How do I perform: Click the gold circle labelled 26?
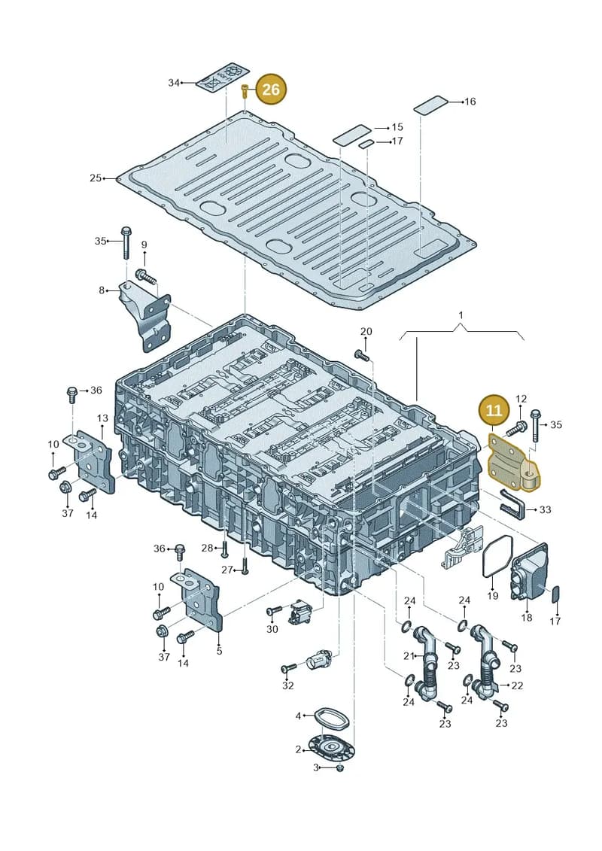270,89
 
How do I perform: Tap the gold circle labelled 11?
494,410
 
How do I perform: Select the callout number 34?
174,83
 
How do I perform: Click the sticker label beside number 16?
431,105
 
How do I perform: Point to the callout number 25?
96,178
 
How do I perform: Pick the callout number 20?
366,332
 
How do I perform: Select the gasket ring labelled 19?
497,556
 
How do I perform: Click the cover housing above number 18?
529,572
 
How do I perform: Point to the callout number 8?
102,290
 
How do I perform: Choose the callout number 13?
102,418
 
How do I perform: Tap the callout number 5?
219,651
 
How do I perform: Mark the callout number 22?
517,685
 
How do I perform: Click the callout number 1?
461,315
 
